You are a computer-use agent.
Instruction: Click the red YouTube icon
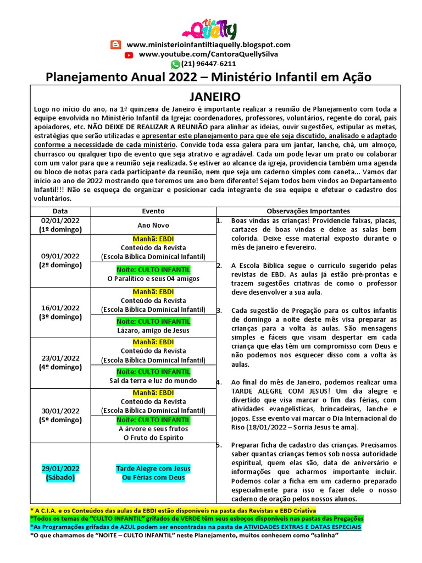(129, 54)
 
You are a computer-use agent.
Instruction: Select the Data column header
(60, 211)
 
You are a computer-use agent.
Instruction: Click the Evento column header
(153, 211)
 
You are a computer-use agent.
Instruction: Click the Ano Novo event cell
(153, 225)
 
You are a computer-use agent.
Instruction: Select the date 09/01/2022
(60, 256)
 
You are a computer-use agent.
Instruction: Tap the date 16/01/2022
(60, 307)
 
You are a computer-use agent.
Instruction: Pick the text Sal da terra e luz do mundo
(153, 380)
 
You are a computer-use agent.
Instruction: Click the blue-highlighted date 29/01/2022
(60, 468)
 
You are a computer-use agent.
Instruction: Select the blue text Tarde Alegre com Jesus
(153, 468)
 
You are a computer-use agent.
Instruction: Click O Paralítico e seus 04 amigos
(153, 279)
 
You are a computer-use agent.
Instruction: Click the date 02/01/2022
(60, 221)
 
